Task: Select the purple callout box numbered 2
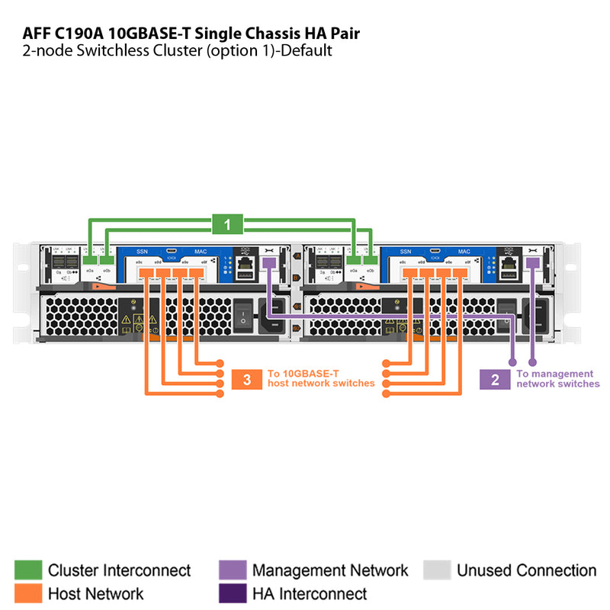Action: [x=495, y=380]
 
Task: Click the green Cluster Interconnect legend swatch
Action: [x=28, y=570]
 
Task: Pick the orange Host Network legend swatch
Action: [x=28, y=593]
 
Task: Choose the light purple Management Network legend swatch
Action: [x=232, y=570]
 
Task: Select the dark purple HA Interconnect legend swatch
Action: [x=232, y=593]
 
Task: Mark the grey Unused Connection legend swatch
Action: [x=437, y=570]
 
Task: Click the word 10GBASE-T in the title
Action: [x=155, y=33]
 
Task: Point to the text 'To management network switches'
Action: [x=557, y=379]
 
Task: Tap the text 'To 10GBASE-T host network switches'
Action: [x=320, y=378]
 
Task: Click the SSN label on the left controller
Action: [x=142, y=251]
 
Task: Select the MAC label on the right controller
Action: [x=464, y=251]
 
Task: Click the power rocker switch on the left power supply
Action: [x=243, y=315]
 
